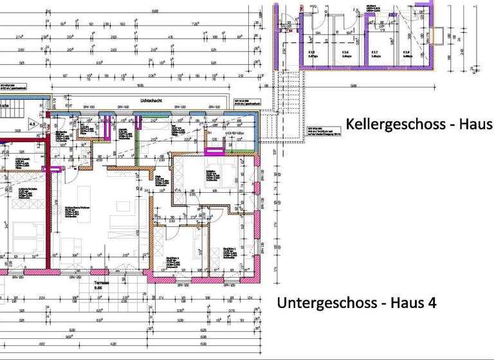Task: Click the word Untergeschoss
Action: point(322,302)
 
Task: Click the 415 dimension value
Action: point(170,37)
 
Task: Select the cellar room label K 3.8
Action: point(406,52)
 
